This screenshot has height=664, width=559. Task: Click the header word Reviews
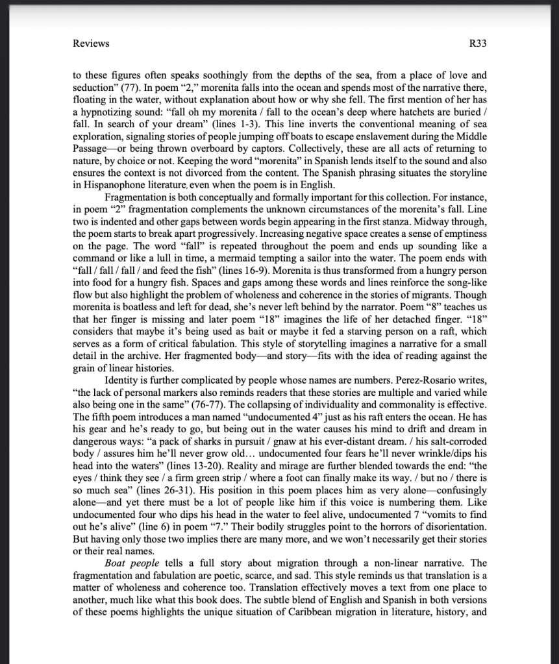[91, 43]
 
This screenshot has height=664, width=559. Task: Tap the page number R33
[477, 43]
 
